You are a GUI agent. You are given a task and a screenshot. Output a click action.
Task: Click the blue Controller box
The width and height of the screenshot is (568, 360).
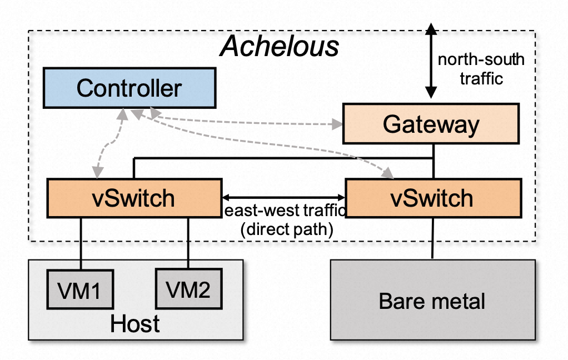tap(129, 88)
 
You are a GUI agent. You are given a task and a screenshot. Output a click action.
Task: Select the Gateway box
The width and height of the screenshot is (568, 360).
tap(431, 124)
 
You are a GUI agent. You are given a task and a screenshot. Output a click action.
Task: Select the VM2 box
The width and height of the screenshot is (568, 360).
tap(188, 289)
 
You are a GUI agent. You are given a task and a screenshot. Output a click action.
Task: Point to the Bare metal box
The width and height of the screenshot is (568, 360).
tap(432, 301)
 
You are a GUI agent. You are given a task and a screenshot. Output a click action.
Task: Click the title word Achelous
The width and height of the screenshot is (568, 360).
tap(279, 47)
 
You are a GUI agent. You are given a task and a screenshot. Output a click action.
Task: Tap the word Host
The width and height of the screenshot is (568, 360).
tap(135, 323)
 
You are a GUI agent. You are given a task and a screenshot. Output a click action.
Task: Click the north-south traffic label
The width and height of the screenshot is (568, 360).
tap(481, 69)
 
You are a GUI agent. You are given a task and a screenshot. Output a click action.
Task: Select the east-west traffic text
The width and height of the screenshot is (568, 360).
tap(285, 211)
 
